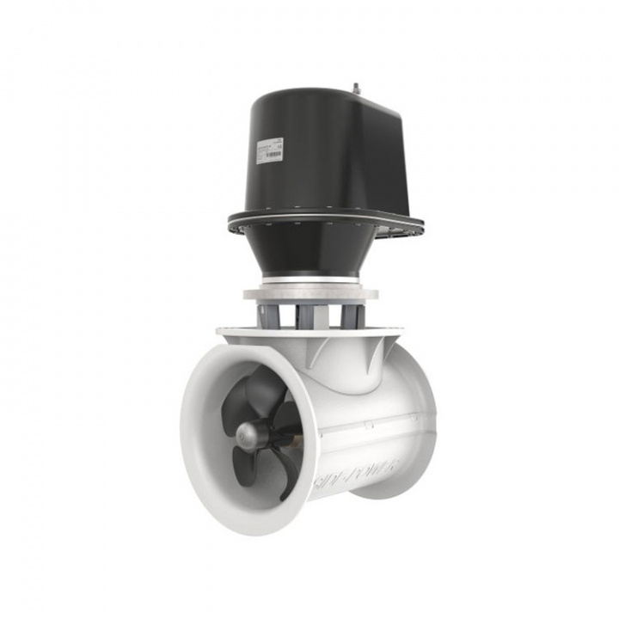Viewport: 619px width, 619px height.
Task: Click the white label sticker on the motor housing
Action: [x=269, y=150]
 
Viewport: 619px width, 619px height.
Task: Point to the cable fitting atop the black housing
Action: [x=354, y=87]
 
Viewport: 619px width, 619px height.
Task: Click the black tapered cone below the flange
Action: [x=309, y=254]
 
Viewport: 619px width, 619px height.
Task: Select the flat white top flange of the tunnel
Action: [x=309, y=331]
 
